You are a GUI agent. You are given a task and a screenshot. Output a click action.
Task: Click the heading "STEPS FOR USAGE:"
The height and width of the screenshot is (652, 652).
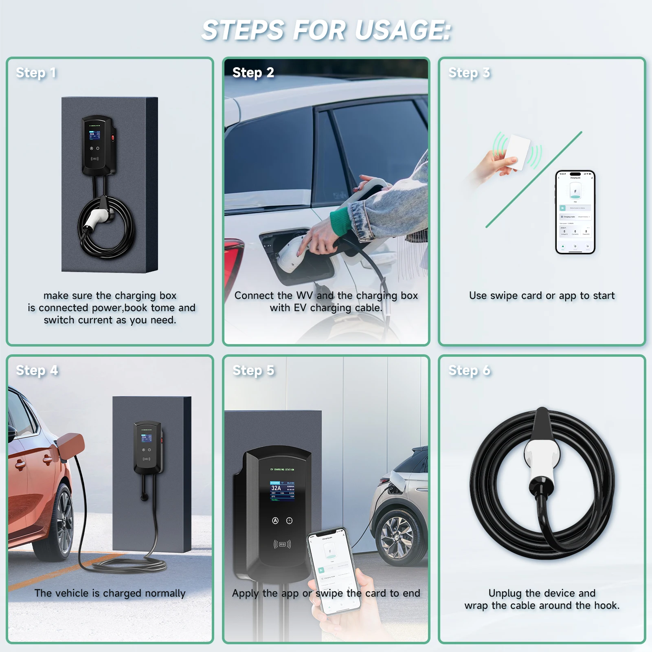click(x=326, y=31)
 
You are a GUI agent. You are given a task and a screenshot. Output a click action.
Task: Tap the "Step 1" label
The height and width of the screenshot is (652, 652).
click(x=36, y=72)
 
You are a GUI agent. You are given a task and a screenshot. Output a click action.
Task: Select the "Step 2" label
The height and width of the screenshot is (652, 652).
click(x=253, y=72)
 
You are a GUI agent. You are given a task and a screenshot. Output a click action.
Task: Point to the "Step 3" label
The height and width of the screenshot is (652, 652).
click(x=469, y=72)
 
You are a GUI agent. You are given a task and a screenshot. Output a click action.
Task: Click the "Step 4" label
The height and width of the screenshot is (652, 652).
click(x=37, y=370)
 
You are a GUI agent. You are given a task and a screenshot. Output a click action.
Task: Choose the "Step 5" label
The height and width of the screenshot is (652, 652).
click(x=253, y=370)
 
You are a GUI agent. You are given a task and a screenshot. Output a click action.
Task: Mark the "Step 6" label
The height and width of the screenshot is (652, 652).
click(x=469, y=370)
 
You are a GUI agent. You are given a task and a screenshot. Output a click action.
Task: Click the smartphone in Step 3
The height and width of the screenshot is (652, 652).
click(x=575, y=212)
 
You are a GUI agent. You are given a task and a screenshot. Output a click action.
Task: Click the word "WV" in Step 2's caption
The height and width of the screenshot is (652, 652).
click(x=304, y=295)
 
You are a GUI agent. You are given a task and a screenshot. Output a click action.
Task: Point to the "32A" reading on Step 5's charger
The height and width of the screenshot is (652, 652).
click(x=276, y=488)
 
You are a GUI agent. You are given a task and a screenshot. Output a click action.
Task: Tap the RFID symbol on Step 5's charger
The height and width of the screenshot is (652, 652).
click(x=282, y=544)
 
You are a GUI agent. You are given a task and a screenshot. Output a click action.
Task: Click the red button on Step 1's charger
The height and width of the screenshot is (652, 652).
click(x=114, y=138)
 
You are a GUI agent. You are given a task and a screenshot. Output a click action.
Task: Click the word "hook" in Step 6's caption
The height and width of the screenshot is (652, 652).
click(x=605, y=606)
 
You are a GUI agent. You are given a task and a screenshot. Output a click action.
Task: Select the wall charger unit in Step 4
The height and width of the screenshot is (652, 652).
click(x=147, y=448)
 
